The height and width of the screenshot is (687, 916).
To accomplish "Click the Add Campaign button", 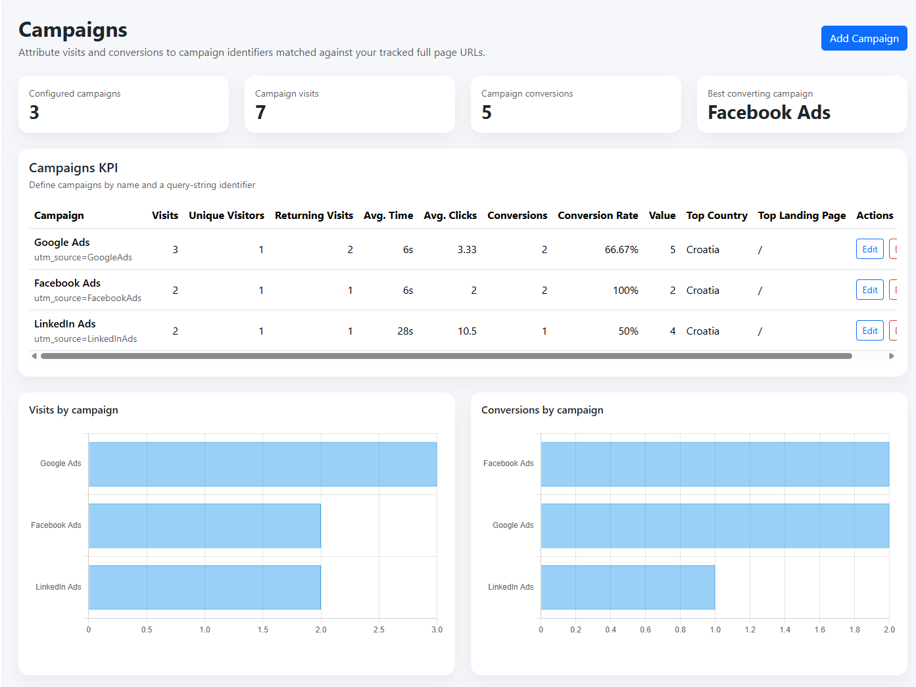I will [863, 38].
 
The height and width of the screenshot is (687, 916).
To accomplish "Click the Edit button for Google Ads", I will [869, 249].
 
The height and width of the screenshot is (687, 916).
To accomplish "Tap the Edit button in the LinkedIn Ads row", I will [869, 331].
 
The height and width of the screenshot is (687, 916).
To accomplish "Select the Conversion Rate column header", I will [598, 215].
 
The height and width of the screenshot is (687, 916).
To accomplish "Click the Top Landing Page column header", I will [802, 215].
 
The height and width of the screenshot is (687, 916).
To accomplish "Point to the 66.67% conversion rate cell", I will [621, 250].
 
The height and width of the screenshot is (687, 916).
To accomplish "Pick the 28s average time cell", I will [405, 331].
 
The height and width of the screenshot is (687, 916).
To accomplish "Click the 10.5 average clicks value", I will [467, 331].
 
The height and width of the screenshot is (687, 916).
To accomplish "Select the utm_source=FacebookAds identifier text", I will [87, 298].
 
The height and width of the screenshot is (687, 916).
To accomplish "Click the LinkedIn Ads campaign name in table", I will [65, 323].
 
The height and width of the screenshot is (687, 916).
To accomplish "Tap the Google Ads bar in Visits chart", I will [262, 464].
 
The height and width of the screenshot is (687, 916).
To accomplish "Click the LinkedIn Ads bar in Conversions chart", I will [627, 587].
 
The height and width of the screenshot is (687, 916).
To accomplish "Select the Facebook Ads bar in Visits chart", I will [205, 526].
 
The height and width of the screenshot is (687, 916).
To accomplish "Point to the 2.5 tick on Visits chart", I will [379, 630].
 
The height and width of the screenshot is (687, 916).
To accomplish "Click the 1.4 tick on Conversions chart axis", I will [784, 630].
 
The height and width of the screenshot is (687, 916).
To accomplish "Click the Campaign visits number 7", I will [260, 112].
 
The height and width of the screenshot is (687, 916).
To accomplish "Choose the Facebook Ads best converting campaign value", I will [769, 112].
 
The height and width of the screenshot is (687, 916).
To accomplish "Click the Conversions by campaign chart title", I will [542, 410].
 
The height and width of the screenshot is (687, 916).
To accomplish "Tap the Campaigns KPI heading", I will [74, 168].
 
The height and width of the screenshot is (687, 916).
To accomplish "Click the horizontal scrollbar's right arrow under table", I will [891, 356].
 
